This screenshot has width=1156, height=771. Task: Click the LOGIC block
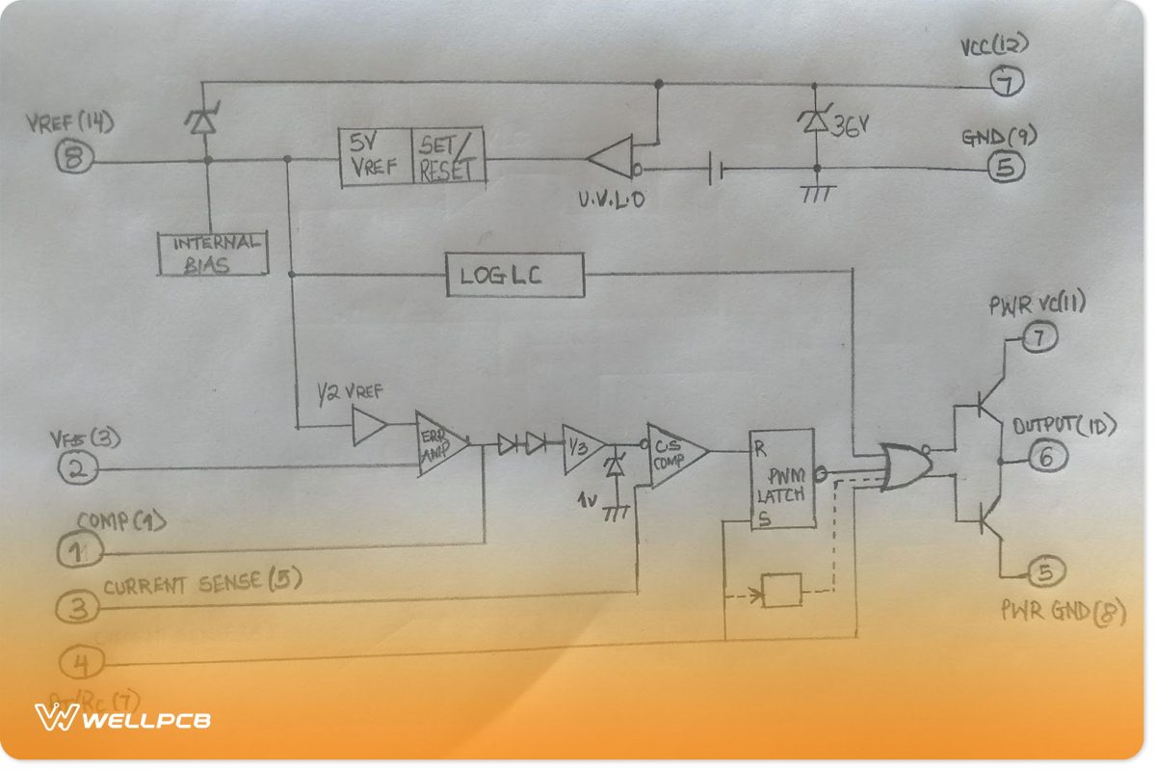click(x=515, y=276)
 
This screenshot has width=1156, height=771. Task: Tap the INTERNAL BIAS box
click(x=212, y=253)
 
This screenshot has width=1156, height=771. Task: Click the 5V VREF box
click(x=375, y=156)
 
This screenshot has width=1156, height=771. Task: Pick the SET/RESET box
click(x=448, y=157)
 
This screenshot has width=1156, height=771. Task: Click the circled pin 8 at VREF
click(x=73, y=160)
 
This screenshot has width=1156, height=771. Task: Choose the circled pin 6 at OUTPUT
click(x=1046, y=458)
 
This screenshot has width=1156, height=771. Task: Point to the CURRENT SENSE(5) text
click(x=202, y=581)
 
